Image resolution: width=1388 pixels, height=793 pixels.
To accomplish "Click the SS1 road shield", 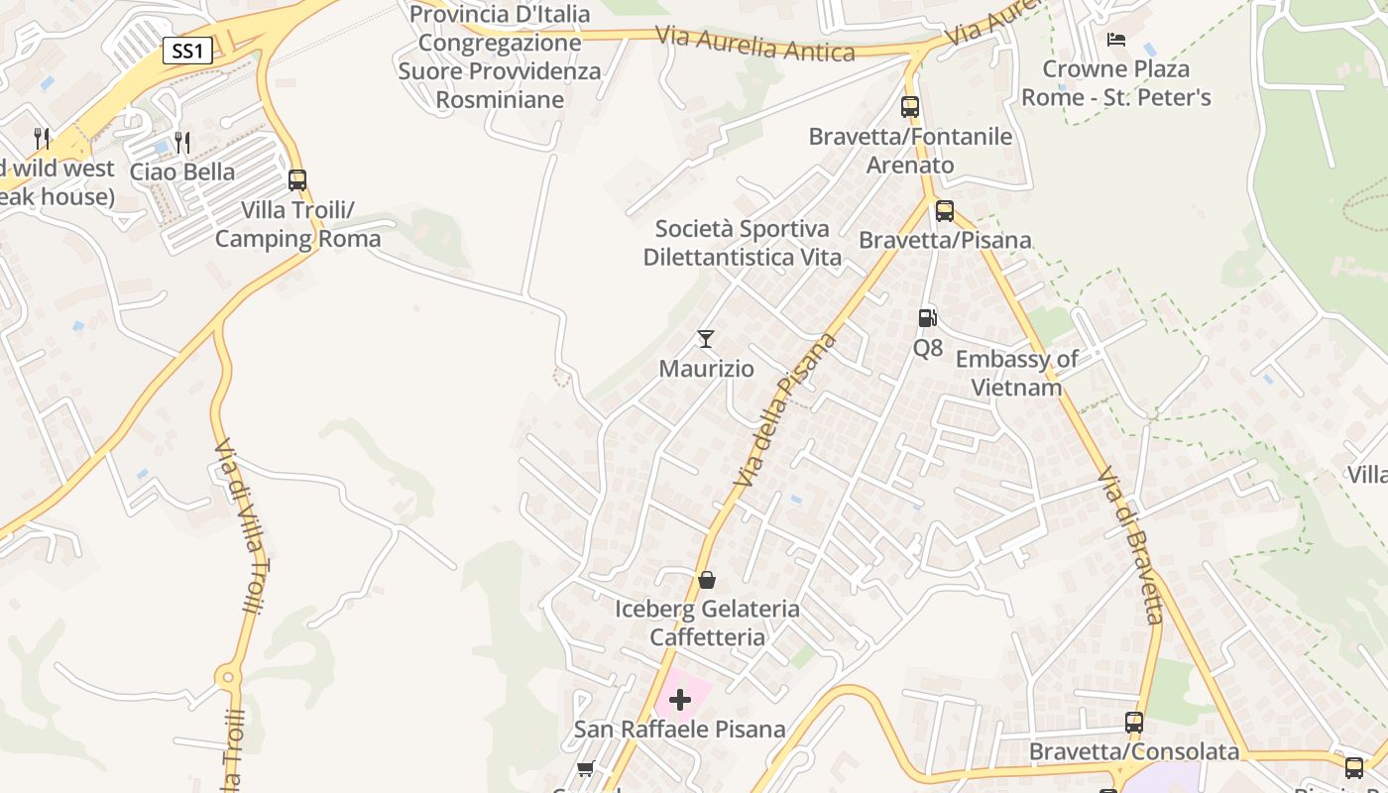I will click(186, 51).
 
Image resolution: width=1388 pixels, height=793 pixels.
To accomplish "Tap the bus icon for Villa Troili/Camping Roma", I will click(296, 180).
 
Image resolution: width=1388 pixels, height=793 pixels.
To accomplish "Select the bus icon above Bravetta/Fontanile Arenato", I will click(910, 107).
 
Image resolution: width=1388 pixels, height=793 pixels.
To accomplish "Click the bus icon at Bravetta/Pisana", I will click(945, 210).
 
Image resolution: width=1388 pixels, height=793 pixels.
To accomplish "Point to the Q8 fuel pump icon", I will click(927, 318).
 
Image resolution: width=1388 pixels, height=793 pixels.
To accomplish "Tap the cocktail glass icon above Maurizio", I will click(706, 339).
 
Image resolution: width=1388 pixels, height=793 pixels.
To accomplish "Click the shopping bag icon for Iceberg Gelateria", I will click(707, 579).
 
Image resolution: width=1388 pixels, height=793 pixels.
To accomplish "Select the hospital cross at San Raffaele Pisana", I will click(680, 701).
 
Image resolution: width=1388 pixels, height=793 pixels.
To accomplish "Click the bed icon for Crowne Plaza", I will click(1116, 40).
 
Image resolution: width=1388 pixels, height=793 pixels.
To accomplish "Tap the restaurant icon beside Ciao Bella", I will click(181, 143).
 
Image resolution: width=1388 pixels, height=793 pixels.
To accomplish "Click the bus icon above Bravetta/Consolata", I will click(1134, 723).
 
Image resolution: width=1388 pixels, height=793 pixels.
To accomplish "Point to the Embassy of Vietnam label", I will click(1016, 373).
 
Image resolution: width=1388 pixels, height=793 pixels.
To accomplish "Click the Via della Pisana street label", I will click(786, 410).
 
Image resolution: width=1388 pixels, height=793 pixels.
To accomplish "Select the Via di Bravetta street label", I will click(1131, 546).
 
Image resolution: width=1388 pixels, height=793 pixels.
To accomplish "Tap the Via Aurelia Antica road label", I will click(754, 45).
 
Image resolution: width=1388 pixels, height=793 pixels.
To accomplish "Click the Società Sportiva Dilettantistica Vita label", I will click(743, 243).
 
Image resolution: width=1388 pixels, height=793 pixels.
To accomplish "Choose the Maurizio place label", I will click(707, 369).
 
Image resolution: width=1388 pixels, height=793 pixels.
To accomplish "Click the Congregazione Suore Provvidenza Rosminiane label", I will click(500, 57).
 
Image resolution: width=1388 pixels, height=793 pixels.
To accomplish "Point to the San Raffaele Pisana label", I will click(680, 730).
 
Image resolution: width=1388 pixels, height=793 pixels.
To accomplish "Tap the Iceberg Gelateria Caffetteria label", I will click(707, 623).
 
